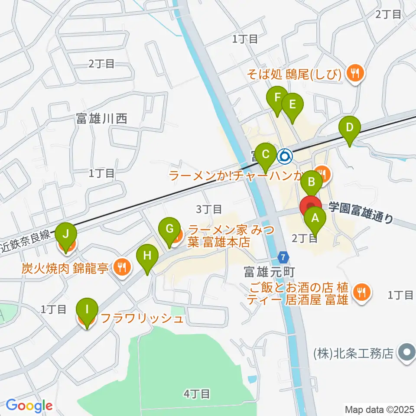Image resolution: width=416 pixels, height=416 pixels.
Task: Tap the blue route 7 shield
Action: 283,257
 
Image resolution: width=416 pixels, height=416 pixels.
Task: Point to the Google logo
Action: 29,406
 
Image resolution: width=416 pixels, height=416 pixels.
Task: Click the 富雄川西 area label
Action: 101,118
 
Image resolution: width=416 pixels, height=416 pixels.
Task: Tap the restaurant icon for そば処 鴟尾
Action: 355,72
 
